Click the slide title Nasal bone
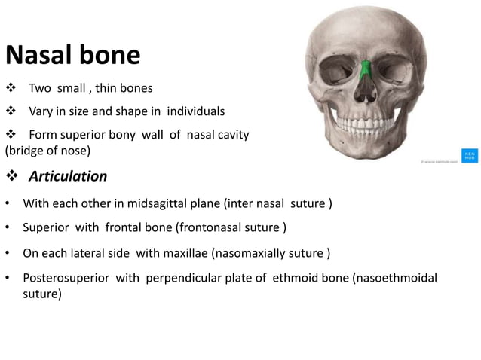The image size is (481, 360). (x=72, y=55)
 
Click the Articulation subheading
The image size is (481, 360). (x=68, y=176)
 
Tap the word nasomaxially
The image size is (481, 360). (x=251, y=252)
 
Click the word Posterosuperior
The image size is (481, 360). (x=66, y=278)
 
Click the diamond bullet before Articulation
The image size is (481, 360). (x=13, y=177)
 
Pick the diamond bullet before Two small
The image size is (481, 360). (x=11, y=89)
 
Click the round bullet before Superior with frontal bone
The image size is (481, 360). (x=8, y=228)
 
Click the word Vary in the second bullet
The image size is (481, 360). (x=41, y=111)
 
